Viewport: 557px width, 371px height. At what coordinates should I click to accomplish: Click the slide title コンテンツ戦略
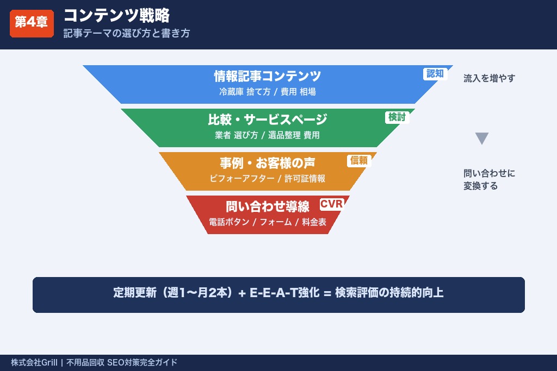pyautogui.click(x=116, y=15)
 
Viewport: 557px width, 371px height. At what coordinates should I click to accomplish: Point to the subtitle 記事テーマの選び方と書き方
pyautogui.click(x=126, y=33)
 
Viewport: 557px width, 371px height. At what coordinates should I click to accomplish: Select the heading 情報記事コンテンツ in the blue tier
pyautogui.click(x=267, y=76)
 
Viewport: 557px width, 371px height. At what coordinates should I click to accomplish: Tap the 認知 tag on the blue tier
pyautogui.click(x=435, y=74)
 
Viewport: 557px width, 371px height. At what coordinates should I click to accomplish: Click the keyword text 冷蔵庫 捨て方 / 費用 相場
pyautogui.click(x=267, y=92)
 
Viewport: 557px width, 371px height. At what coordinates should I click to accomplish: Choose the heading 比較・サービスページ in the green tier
pyautogui.click(x=267, y=120)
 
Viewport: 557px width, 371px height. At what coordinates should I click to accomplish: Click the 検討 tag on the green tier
pyautogui.click(x=397, y=117)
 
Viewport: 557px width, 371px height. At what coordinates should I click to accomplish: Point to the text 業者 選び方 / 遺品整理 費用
pyautogui.click(x=267, y=135)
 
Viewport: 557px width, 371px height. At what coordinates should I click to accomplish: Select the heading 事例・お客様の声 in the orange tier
pyautogui.click(x=267, y=163)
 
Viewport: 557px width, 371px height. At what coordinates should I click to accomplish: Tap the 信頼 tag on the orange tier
pyautogui.click(x=359, y=160)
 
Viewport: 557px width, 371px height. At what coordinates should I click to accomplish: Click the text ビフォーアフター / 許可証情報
pyautogui.click(x=267, y=179)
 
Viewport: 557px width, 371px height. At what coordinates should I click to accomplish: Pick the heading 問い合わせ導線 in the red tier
pyautogui.click(x=267, y=206)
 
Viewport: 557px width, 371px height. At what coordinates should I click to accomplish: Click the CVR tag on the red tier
pyautogui.click(x=331, y=204)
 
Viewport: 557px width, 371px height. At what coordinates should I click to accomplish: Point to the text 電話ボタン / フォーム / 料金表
pyautogui.click(x=267, y=222)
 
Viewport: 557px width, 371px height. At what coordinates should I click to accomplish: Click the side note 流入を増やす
pyautogui.click(x=489, y=78)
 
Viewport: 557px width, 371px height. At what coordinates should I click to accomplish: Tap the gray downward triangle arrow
pyautogui.click(x=482, y=139)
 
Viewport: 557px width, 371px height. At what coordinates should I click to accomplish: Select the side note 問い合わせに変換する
pyautogui.click(x=488, y=180)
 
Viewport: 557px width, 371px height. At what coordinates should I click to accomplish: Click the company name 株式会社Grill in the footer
pyautogui.click(x=34, y=363)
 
